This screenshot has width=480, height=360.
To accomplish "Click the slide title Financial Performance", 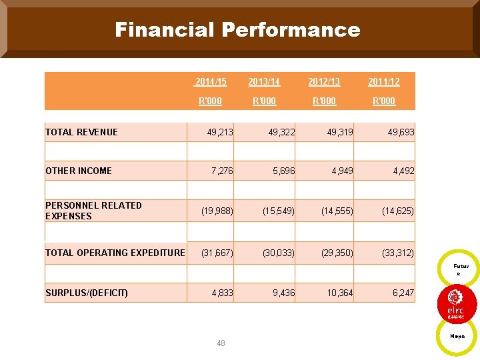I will pos(237,30).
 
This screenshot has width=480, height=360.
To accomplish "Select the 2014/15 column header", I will pos(211,82).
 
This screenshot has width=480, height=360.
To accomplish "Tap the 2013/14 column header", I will pos(264,82).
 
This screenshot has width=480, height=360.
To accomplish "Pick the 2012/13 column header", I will pos(324,82).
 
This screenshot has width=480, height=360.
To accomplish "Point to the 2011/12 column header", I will pos(384,82).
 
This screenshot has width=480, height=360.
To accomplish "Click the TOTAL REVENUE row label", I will pos(81,132).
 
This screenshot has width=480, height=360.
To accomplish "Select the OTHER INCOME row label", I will pos(79,171).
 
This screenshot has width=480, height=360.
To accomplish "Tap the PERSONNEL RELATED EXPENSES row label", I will pos(93,211).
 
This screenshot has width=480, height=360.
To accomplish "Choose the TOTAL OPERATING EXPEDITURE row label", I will pos(115,253).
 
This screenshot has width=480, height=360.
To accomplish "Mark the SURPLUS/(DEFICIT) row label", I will pos(87,293).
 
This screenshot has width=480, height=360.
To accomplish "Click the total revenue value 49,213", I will pos(220,132).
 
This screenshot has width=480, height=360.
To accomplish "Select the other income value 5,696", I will pos(282,171).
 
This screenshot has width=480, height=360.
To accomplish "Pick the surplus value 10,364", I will pos(340,293).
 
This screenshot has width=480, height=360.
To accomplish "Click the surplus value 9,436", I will pos(282,293).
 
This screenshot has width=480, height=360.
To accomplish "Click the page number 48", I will pos(221,343).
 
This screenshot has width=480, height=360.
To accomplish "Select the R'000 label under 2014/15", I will pos(211,101).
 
